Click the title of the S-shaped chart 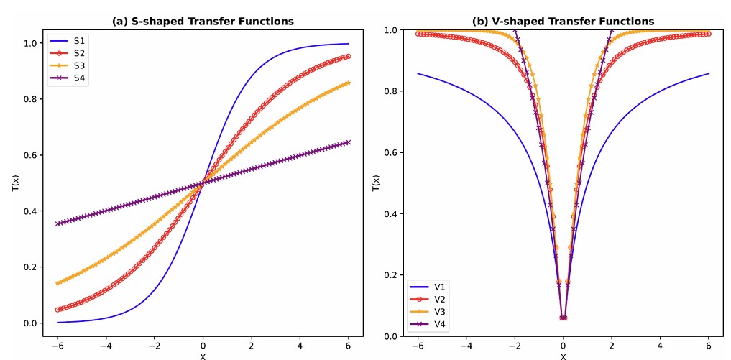point(203,21)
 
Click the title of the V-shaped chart point(563,21)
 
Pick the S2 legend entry point(78,53)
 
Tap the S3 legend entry point(78,66)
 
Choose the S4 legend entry point(78,79)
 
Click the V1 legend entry point(441,287)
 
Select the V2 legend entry point(441,300)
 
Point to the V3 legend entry point(441,312)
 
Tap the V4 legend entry point(441,325)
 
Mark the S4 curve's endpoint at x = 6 point(349,142)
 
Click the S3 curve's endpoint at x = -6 point(58,283)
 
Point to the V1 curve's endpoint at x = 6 point(709,73)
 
